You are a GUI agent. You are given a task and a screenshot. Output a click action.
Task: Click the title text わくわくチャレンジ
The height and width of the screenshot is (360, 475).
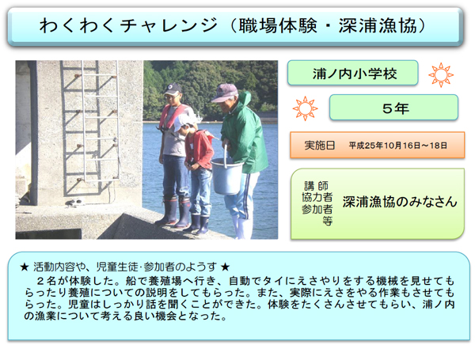(x=128, y=25)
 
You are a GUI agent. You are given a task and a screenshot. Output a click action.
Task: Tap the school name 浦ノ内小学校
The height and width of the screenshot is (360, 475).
(x=355, y=74)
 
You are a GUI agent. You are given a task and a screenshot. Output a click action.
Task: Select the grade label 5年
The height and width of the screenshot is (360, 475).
(x=396, y=108)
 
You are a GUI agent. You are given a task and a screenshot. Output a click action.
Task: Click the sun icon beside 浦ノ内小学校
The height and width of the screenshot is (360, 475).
(x=441, y=75)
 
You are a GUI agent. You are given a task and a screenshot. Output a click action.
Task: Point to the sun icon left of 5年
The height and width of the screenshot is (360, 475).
(x=305, y=108)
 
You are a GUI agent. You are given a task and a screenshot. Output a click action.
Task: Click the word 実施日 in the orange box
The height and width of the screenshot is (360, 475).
(x=320, y=146)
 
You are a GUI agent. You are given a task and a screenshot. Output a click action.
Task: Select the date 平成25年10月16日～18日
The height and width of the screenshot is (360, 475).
(x=397, y=146)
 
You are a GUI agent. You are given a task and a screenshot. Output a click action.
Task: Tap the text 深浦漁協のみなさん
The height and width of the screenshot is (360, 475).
(x=400, y=202)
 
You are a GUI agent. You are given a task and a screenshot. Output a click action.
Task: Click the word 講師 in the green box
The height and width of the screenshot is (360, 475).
(x=316, y=185)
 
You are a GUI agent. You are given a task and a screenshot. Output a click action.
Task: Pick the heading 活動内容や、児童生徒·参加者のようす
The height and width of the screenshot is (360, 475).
(x=125, y=267)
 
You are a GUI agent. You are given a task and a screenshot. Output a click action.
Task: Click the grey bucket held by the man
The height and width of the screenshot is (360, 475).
(x=226, y=176)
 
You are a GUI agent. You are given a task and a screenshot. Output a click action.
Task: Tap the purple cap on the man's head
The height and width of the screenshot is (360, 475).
(x=225, y=93)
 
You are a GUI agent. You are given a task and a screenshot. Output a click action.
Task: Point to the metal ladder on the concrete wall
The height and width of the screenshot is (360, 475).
(x=90, y=127)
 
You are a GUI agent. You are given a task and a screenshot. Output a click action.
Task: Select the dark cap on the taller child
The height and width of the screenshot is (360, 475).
(x=173, y=89)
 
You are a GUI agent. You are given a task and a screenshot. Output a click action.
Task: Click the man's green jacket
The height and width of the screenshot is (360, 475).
(x=244, y=135)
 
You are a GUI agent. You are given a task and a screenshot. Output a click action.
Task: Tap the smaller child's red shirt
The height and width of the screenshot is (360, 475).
(x=199, y=149)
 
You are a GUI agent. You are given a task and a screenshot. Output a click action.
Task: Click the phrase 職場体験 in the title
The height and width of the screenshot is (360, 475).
(x=278, y=25)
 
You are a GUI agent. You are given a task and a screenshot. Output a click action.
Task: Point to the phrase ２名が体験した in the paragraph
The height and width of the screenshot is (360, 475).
(x=78, y=281)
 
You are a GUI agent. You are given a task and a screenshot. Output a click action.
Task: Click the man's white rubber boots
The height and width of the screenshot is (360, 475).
(x=243, y=228)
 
